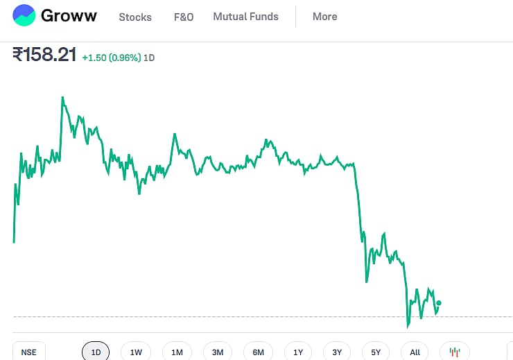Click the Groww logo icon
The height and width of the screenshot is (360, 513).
[24, 15]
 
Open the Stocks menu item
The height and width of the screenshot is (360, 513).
[135, 17]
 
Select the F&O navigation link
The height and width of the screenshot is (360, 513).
[184, 17]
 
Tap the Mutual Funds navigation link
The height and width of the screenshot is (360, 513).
[245, 17]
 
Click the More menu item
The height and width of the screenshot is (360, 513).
[324, 17]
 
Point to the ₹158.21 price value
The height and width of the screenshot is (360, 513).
[44, 55]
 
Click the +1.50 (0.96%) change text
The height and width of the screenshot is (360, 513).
[112, 58]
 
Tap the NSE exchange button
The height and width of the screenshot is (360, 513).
[28, 352]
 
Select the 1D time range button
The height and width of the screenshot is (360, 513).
[96, 352]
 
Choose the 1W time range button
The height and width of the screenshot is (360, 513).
[136, 352]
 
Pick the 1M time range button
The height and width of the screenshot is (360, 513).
[177, 352]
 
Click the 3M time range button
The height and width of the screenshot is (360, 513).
[218, 352]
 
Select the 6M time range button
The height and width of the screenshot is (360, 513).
[258, 352]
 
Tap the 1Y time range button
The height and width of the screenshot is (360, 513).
[298, 352]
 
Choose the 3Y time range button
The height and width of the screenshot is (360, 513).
[337, 352]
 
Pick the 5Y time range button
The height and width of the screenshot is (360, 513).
[376, 352]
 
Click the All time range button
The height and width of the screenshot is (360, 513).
[415, 352]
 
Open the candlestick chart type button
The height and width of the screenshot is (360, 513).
[455, 352]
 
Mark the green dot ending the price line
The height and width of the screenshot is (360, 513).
[439, 302]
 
